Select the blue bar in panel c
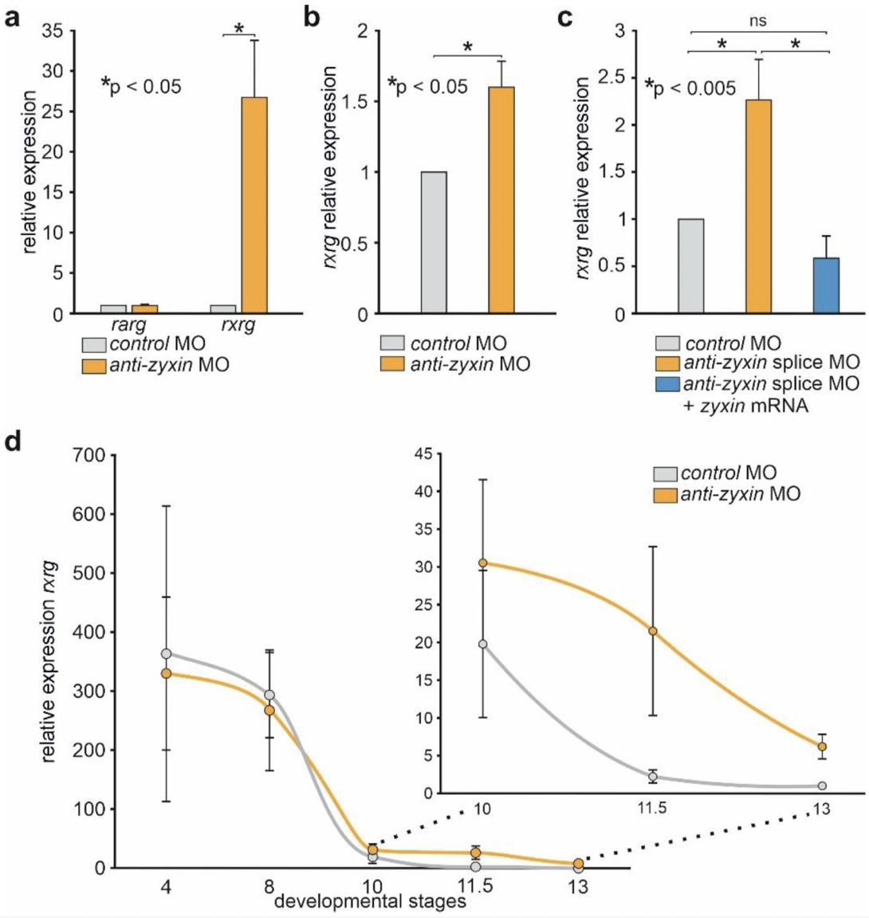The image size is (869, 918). [x=826, y=285]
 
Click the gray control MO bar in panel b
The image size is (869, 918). [x=434, y=242]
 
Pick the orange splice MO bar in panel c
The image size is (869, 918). [x=758, y=207]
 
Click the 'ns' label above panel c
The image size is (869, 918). [x=758, y=22]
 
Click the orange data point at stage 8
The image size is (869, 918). [x=269, y=710]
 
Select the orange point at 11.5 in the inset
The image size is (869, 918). [x=653, y=631]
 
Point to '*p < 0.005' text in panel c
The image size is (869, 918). [x=691, y=86]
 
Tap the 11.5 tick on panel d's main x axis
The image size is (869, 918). [x=475, y=888]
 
